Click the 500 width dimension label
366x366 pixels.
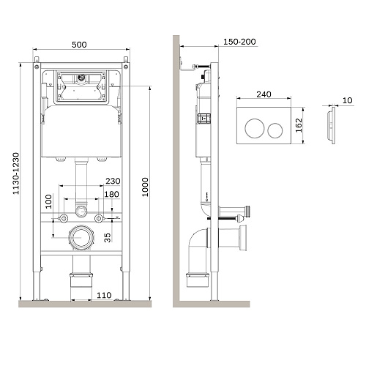tap(79, 45)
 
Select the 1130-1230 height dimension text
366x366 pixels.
tap(16, 173)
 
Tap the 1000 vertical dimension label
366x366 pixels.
tap(145, 187)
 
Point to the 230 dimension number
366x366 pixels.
tap(113, 181)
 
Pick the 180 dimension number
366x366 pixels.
tap(112, 194)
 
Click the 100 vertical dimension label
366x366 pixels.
tap(49, 201)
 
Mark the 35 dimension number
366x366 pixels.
tap(108, 238)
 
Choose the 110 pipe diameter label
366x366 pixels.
tap(104, 295)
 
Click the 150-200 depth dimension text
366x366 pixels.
tap(239, 42)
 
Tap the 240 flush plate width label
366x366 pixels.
tap(264, 94)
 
